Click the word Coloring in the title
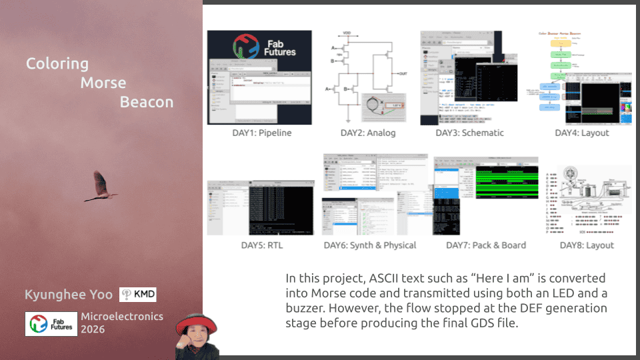(57, 64)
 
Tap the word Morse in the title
(103, 83)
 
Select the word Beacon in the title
(147, 102)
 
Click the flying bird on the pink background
(101, 187)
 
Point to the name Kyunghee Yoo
(69, 295)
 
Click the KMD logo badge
(138, 295)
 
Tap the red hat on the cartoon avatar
(197, 322)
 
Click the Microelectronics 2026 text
(122, 323)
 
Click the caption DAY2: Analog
(368, 133)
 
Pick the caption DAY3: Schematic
(469, 133)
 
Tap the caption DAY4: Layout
(582, 133)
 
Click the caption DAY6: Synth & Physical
(370, 245)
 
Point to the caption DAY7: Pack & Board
(486, 245)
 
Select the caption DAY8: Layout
(587, 245)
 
